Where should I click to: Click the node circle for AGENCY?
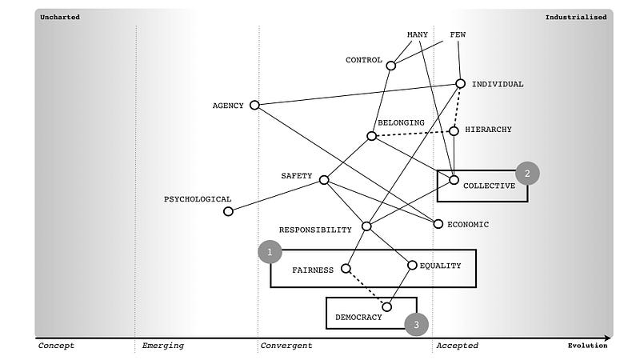[x=254, y=105]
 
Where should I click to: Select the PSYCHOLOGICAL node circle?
[x=228, y=211]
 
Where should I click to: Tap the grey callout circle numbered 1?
[x=270, y=253]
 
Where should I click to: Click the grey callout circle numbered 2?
[x=527, y=173]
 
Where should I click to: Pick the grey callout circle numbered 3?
[x=416, y=324]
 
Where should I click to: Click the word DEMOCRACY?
[x=358, y=318]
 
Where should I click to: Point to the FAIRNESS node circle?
[x=346, y=269]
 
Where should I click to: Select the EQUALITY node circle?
[x=413, y=265]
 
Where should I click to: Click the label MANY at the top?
[x=418, y=34]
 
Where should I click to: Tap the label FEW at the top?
[x=458, y=34]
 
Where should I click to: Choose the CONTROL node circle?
[x=391, y=66]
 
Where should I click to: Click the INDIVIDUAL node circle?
[x=460, y=83]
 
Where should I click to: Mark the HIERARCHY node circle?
[x=454, y=130]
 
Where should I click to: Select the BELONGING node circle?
[x=371, y=136]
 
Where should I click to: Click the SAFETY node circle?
[x=324, y=180]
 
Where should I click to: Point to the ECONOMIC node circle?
[x=438, y=224]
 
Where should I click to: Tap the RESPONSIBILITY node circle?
[x=366, y=226]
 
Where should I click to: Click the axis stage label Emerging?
[x=162, y=346]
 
